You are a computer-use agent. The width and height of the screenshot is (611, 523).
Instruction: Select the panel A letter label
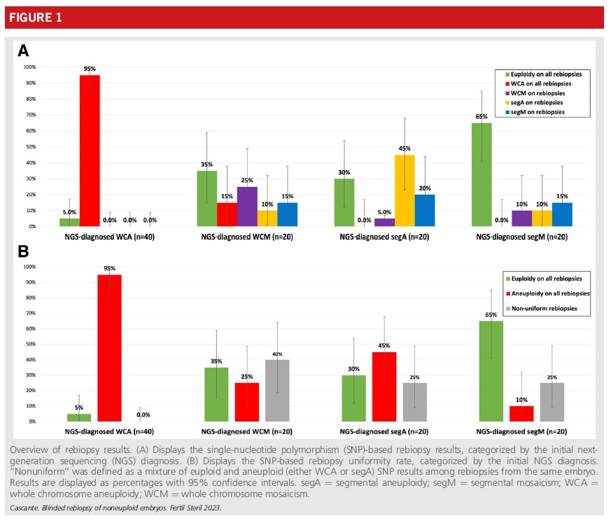click(x=23, y=50)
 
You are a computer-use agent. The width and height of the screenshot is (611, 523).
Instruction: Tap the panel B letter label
click(x=22, y=250)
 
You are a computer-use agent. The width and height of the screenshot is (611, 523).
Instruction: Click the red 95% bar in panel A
click(x=90, y=151)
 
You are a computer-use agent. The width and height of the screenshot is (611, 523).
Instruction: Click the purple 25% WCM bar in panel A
click(x=247, y=207)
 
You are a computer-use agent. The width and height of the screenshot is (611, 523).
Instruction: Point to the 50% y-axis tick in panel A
click(x=31, y=147)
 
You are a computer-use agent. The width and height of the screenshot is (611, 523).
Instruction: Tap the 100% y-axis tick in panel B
click(x=29, y=267)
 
